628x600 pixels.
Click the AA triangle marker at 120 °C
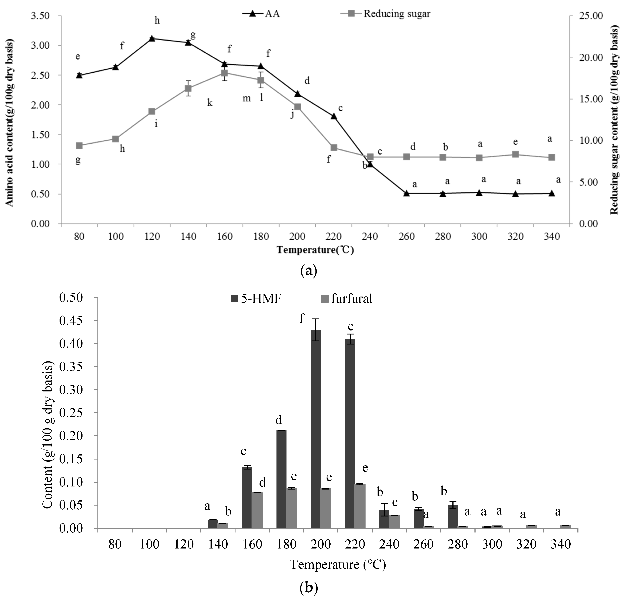click(152, 39)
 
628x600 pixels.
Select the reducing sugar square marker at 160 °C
click(224, 73)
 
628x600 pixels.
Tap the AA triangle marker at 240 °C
click(370, 164)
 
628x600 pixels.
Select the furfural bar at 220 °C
click(360, 506)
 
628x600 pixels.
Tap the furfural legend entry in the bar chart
click(347, 299)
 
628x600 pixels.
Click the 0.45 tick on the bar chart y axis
click(71, 321)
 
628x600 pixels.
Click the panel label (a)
click(309, 271)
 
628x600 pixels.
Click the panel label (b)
click(309, 587)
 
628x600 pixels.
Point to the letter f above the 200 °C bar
click(301, 318)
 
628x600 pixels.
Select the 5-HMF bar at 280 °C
click(453, 516)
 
